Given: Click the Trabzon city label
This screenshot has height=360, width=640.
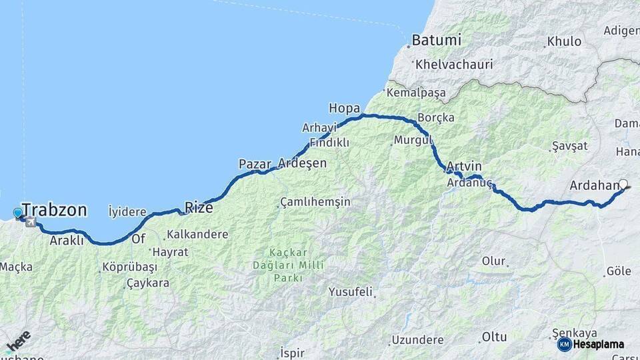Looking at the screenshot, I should [x=55, y=211].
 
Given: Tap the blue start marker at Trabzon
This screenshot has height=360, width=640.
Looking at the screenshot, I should [x=17, y=213].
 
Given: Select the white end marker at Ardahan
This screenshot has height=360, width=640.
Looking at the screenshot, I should [x=624, y=185].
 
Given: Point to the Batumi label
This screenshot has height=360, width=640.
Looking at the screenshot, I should [x=436, y=40].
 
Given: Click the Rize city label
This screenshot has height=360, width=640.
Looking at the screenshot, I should [x=199, y=208].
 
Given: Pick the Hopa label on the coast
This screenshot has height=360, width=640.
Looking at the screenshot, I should [x=344, y=108].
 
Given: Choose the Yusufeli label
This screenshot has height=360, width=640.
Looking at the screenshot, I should [x=350, y=292].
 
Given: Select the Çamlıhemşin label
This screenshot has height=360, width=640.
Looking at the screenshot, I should [x=315, y=201].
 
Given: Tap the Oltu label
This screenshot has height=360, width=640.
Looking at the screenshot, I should [x=494, y=339].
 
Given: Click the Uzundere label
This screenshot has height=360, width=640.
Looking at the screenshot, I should [x=417, y=339].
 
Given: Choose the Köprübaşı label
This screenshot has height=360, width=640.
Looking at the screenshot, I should [x=129, y=267].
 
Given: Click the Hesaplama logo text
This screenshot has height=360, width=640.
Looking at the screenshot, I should [x=599, y=344].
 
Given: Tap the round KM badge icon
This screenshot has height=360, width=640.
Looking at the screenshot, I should [x=564, y=344].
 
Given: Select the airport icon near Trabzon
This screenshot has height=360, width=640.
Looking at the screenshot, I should [x=31, y=222].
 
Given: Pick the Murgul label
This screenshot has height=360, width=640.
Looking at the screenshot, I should [x=413, y=140].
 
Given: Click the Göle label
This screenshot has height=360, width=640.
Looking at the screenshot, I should [x=618, y=272].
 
